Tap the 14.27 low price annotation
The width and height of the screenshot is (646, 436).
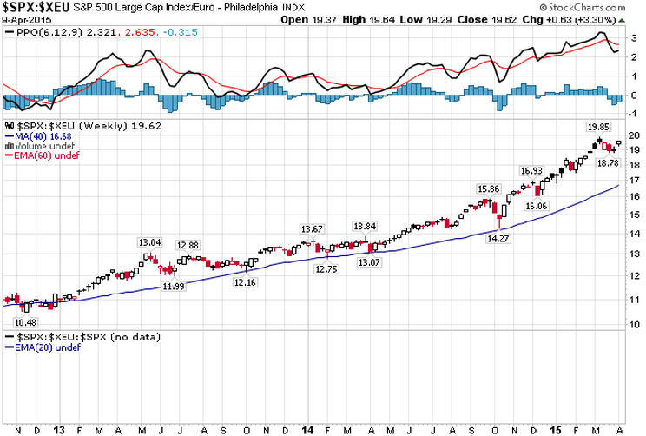pyautogui.click(x=498, y=237)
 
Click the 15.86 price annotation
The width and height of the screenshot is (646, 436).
pyautogui.click(x=489, y=188)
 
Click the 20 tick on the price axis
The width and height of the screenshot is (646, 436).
pyautogui.click(x=633, y=135)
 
